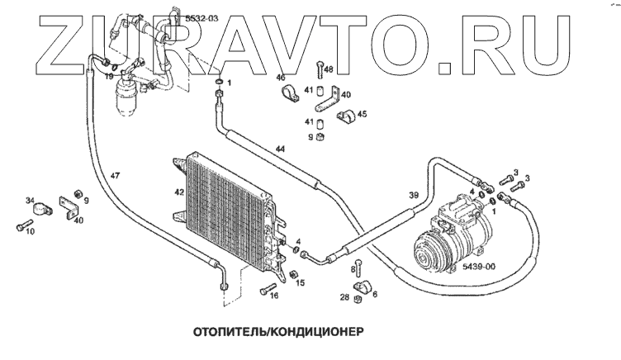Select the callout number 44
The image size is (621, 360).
point(281,149)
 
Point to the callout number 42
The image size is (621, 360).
point(179,192)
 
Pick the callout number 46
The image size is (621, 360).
point(280,78)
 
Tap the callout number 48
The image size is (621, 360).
point(329,69)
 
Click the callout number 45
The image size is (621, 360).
point(361,114)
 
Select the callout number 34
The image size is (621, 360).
point(30,200)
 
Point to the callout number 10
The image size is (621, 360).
point(30,232)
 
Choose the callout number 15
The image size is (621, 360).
point(301,282)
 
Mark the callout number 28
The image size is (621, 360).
point(344,297)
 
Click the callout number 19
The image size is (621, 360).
point(109,76)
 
